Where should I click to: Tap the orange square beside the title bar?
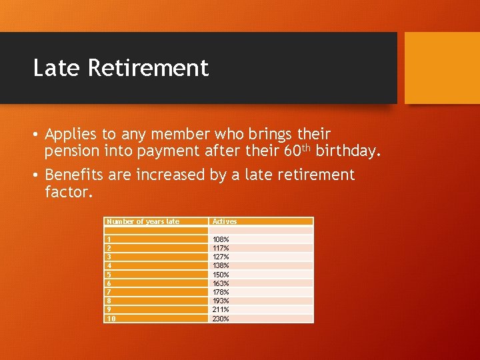pyautogui.click(x=442, y=67)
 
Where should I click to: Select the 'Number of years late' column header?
pyautogui.click(x=143, y=221)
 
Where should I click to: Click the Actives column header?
pyautogui.click(x=225, y=221)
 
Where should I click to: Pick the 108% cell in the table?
pyautogui.click(x=221, y=239)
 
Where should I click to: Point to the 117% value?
pyautogui.click(x=221, y=248)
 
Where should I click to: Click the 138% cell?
pyautogui.click(x=221, y=265)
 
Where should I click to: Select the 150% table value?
pyautogui.click(x=221, y=274)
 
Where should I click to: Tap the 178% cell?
pyautogui.click(x=221, y=292)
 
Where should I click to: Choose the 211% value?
pyautogui.click(x=221, y=309)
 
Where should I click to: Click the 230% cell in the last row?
pyautogui.click(x=221, y=319)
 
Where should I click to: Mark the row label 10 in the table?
pyautogui.click(x=111, y=319)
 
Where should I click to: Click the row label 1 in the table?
pyautogui.click(x=109, y=239)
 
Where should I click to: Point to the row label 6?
pyautogui.click(x=109, y=283)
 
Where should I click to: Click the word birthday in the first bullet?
pyautogui.click(x=348, y=151)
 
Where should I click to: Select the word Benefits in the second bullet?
pyautogui.click(x=73, y=175)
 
